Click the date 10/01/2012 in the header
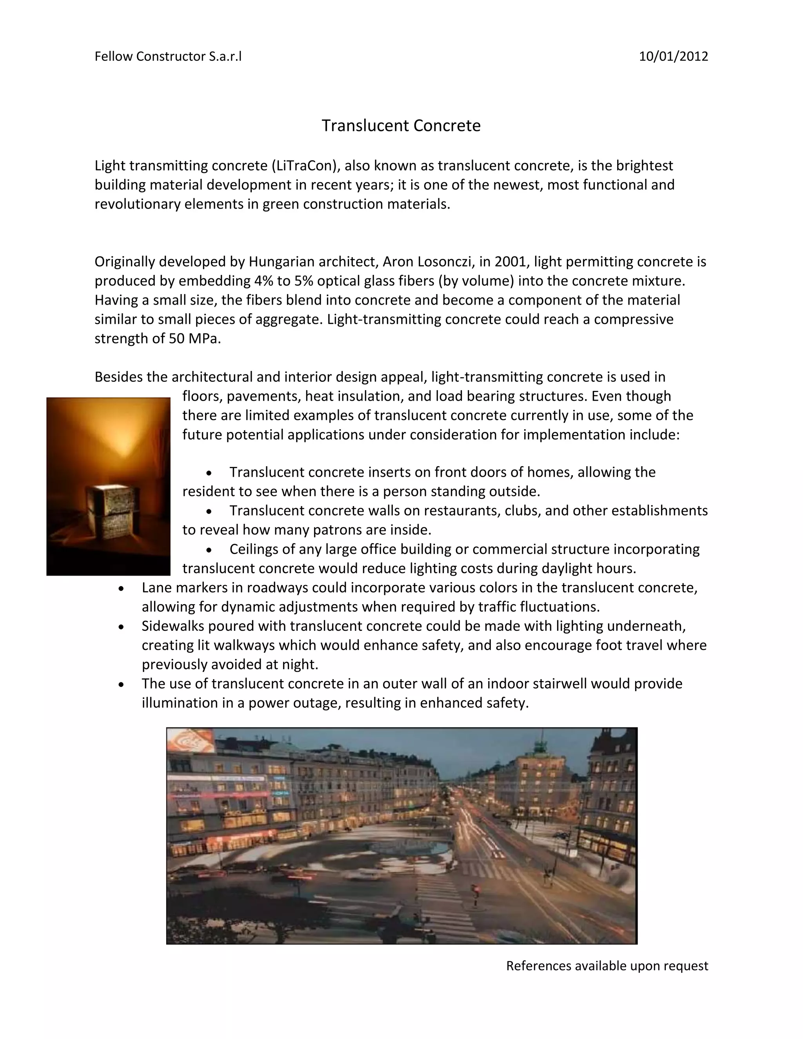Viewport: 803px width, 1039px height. click(673, 56)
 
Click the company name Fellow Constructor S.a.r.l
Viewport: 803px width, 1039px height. click(168, 56)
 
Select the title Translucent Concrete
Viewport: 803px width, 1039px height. click(401, 125)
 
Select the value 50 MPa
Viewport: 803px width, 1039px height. click(194, 339)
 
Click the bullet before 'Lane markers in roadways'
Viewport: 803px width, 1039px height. click(122, 589)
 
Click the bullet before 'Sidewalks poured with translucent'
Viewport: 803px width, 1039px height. click(122, 627)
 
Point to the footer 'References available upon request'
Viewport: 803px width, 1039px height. click(607, 966)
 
